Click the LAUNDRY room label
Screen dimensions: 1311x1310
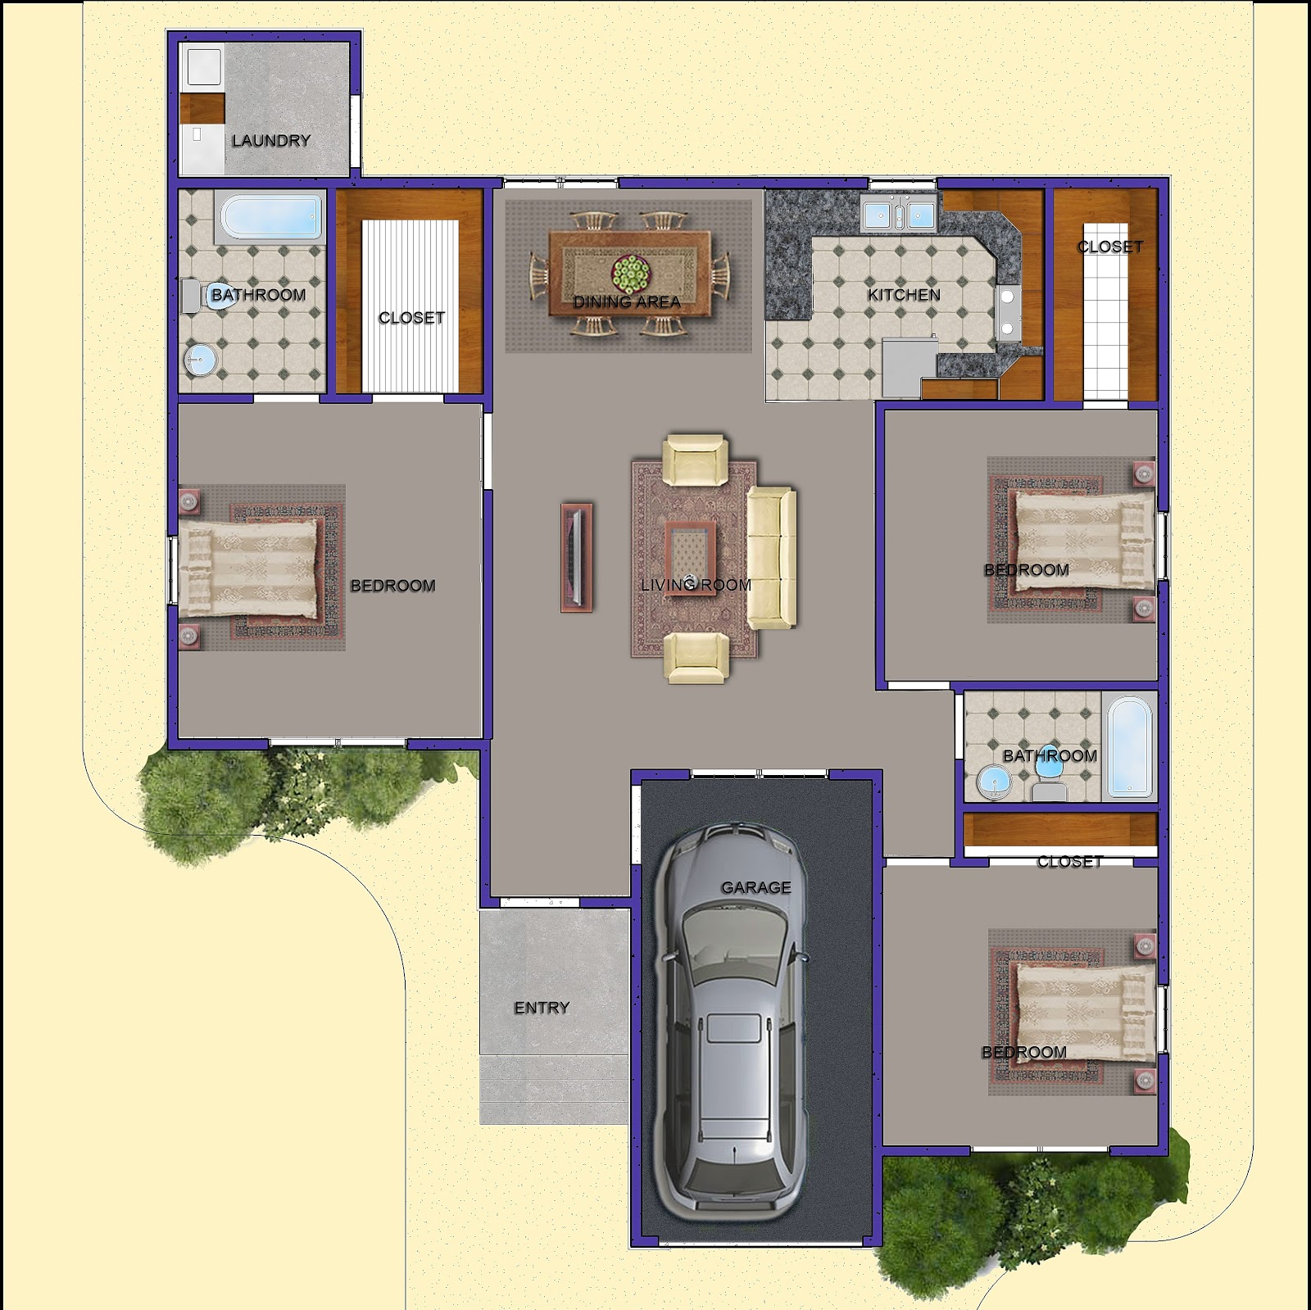coord(270,141)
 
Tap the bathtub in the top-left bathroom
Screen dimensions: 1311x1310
coord(270,217)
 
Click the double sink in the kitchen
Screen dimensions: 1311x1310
coord(898,215)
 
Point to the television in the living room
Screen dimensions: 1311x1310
coord(577,557)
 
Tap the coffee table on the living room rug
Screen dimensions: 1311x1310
coord(690,556)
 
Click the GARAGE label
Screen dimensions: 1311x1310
coord(755,887)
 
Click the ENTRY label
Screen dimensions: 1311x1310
coord(542,1008)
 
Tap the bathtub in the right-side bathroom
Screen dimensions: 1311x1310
coord(1130,747)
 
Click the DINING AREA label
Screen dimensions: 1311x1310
coord(627,302)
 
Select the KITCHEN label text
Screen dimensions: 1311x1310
coord(904,295)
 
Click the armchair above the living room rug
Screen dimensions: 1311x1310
coord(695,460)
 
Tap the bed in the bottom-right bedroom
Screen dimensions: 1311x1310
coord(1086,1013)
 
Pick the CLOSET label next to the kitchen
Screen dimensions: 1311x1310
coord(1110,247)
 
